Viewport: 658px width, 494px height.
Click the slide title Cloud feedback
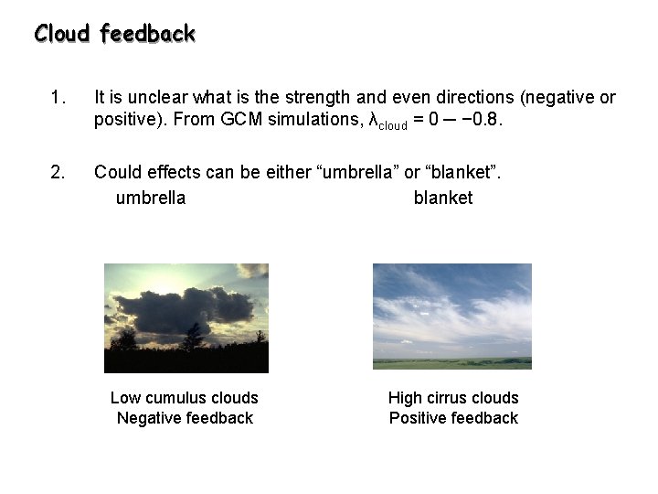click(x=114, y=34)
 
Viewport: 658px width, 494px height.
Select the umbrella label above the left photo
click(x=150, y=198)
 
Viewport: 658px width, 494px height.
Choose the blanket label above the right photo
click(x=442, y=198)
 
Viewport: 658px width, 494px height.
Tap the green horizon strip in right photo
click(x=451, y=362)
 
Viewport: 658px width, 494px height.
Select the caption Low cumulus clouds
click(x=184, y=398)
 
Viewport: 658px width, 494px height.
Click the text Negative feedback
click(x=184, y=418)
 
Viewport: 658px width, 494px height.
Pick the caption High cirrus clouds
click(x=452, y=398)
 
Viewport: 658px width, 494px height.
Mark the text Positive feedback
click(x=452, y=418)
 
